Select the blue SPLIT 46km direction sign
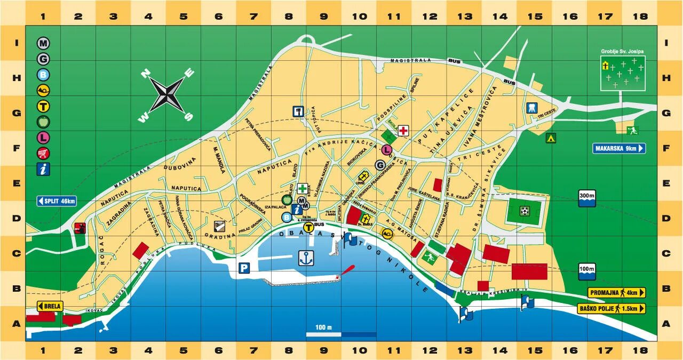[x=57, y=201]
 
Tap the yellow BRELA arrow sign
[x=50, y=306]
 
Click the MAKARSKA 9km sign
[x=618, y=148]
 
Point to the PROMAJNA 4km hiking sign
[x=616, y=292]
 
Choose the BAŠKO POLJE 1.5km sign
[x=611, y=308]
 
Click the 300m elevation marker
[x=586, y=196]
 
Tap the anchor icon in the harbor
[x=305, y=258]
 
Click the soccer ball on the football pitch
[x=525, y=211]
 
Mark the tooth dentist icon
[x=531, y=107]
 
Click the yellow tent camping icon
[x=550, y=138]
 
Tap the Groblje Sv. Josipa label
[x=622, y=52]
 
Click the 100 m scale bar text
[x=323, y=327]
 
